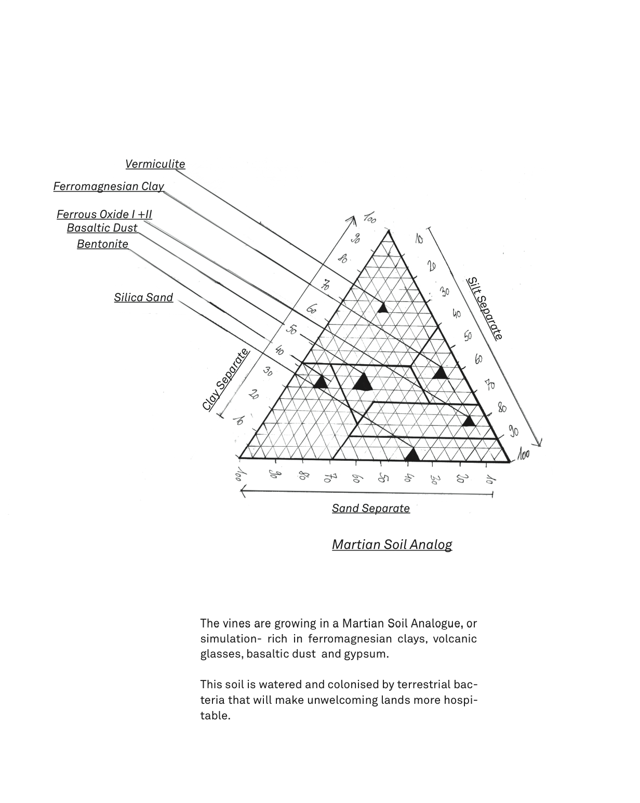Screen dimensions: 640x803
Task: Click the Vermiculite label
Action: pos(155,164)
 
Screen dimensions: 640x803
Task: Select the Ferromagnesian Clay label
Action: pos(109,186)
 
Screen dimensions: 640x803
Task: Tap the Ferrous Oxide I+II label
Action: pos(104,215)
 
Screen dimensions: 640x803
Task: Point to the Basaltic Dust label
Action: pos(102,228)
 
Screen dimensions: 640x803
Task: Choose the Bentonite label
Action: pos(103,244)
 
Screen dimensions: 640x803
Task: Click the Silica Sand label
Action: pos(144,298)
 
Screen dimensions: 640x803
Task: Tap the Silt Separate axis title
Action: pos(485,308)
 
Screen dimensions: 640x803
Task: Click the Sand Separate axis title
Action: pos(371,508)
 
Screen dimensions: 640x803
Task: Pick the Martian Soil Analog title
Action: pos(392,544)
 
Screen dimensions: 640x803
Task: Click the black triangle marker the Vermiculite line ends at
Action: pos(382,307)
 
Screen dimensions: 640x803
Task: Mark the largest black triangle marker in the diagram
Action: pos(363,382)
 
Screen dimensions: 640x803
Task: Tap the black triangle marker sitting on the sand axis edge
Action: pos(412,455)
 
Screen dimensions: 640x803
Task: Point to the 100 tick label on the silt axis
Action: pos(524,455)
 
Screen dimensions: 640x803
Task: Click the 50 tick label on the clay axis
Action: pos(291,329)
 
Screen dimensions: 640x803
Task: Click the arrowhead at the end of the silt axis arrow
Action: pos(539,443)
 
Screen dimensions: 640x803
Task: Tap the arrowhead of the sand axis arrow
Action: pos(243,492)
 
